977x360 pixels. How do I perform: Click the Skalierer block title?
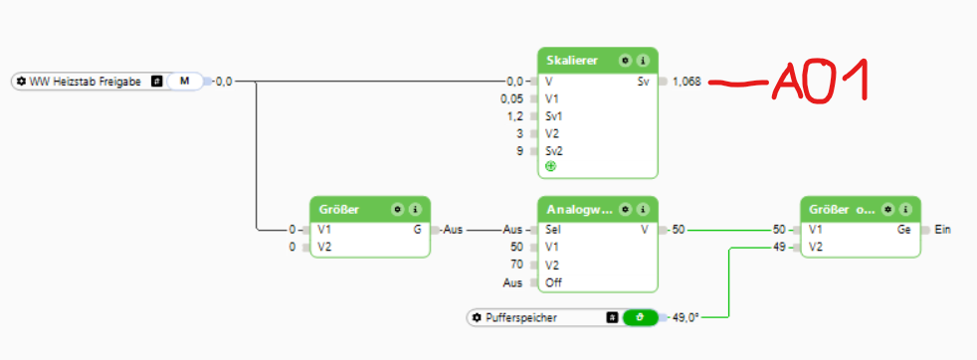(x=571, y=60)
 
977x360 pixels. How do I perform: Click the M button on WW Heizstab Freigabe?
(x=184, y=81)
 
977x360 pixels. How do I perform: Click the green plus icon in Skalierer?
(x=550, y=166)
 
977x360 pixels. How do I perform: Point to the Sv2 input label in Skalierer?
(x=554, y=150)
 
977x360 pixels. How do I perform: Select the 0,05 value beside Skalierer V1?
(x=511, y=98)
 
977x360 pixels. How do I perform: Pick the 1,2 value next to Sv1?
(x=514, y=115)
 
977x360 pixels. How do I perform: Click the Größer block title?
(x=340, y=209)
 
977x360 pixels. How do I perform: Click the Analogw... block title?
(x=577, y=209)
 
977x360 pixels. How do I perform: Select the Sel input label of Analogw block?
(x=553, y=230)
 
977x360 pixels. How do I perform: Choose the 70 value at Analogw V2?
(x=515, y=266)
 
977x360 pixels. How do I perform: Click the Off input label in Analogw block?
(x=553, y=282)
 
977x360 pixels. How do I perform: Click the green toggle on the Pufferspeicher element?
(x=640, y=317)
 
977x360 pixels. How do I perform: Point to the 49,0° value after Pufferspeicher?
(x=686, y=317)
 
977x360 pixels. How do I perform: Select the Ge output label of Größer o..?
(x=903, y=230)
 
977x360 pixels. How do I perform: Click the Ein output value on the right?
(x=943, y=230)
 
